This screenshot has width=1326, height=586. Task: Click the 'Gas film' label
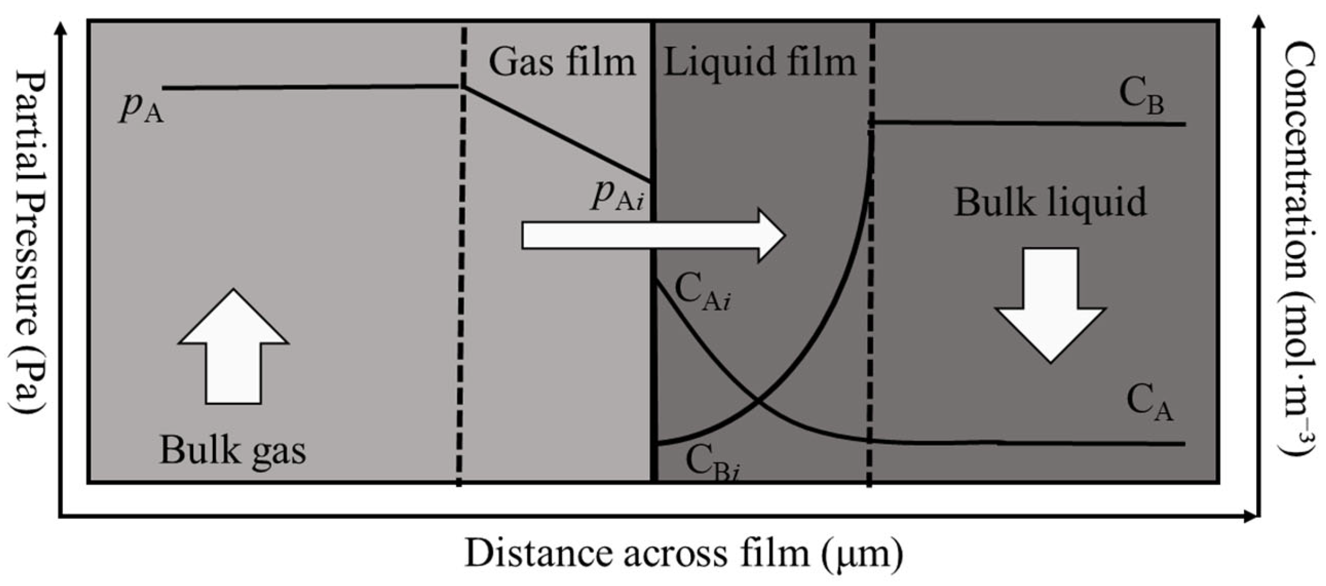click(562, 62)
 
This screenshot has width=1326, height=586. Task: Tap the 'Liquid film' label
click(759, 62)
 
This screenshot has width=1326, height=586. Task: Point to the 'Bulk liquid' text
click(1050, 203)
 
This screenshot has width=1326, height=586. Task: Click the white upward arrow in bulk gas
click(234, 349)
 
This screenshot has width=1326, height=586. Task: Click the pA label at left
click(141, 109)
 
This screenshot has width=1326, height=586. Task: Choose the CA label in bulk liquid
click(1149, 403)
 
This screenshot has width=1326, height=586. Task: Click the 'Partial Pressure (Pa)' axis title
click(28, 242)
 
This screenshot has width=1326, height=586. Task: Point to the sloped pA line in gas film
click(557, 134)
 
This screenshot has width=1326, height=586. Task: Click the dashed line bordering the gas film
click(461, 256)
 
